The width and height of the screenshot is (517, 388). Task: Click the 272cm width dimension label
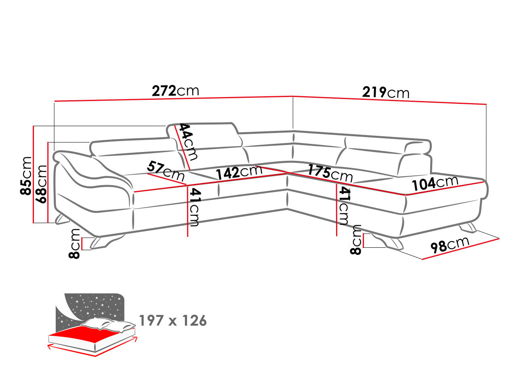pos(175,91)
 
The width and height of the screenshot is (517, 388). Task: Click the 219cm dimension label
pos(386,92)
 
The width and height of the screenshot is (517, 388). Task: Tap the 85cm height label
pos(26,176)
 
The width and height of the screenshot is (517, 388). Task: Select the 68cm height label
pos(41,184)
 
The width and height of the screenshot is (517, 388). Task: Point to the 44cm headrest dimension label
pos(188,142)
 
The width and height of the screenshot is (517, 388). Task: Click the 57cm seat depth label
pos(165,170)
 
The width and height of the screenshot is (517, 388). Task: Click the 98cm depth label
pos(450,245)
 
